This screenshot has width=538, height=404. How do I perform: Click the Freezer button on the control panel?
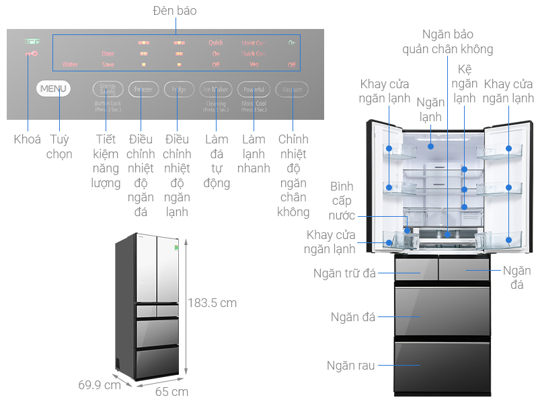point(143,89)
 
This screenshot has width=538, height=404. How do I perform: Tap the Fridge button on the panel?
point(179,89)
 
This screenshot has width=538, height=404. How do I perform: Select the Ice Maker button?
point(216,89)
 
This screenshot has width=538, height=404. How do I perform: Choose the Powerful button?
point(254,89)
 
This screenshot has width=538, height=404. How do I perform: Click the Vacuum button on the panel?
point(292,89)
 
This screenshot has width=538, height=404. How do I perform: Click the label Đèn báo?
point(174,11)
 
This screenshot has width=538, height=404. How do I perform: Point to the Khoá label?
point(27,139)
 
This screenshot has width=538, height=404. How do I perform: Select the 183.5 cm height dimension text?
point(212,303)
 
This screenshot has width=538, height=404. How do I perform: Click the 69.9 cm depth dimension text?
point(100,385)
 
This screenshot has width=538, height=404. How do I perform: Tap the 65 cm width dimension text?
point(171,391)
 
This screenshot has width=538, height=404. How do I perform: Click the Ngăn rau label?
point(350,366)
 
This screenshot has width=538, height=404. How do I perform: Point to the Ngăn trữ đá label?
point(344,273)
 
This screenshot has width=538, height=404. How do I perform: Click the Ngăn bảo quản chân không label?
point(447,41)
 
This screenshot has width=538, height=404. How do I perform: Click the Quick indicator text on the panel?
point(215,43)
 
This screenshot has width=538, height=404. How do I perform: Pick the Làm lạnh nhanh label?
point(254,154)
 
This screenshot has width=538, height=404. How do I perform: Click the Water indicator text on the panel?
point(70,65)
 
